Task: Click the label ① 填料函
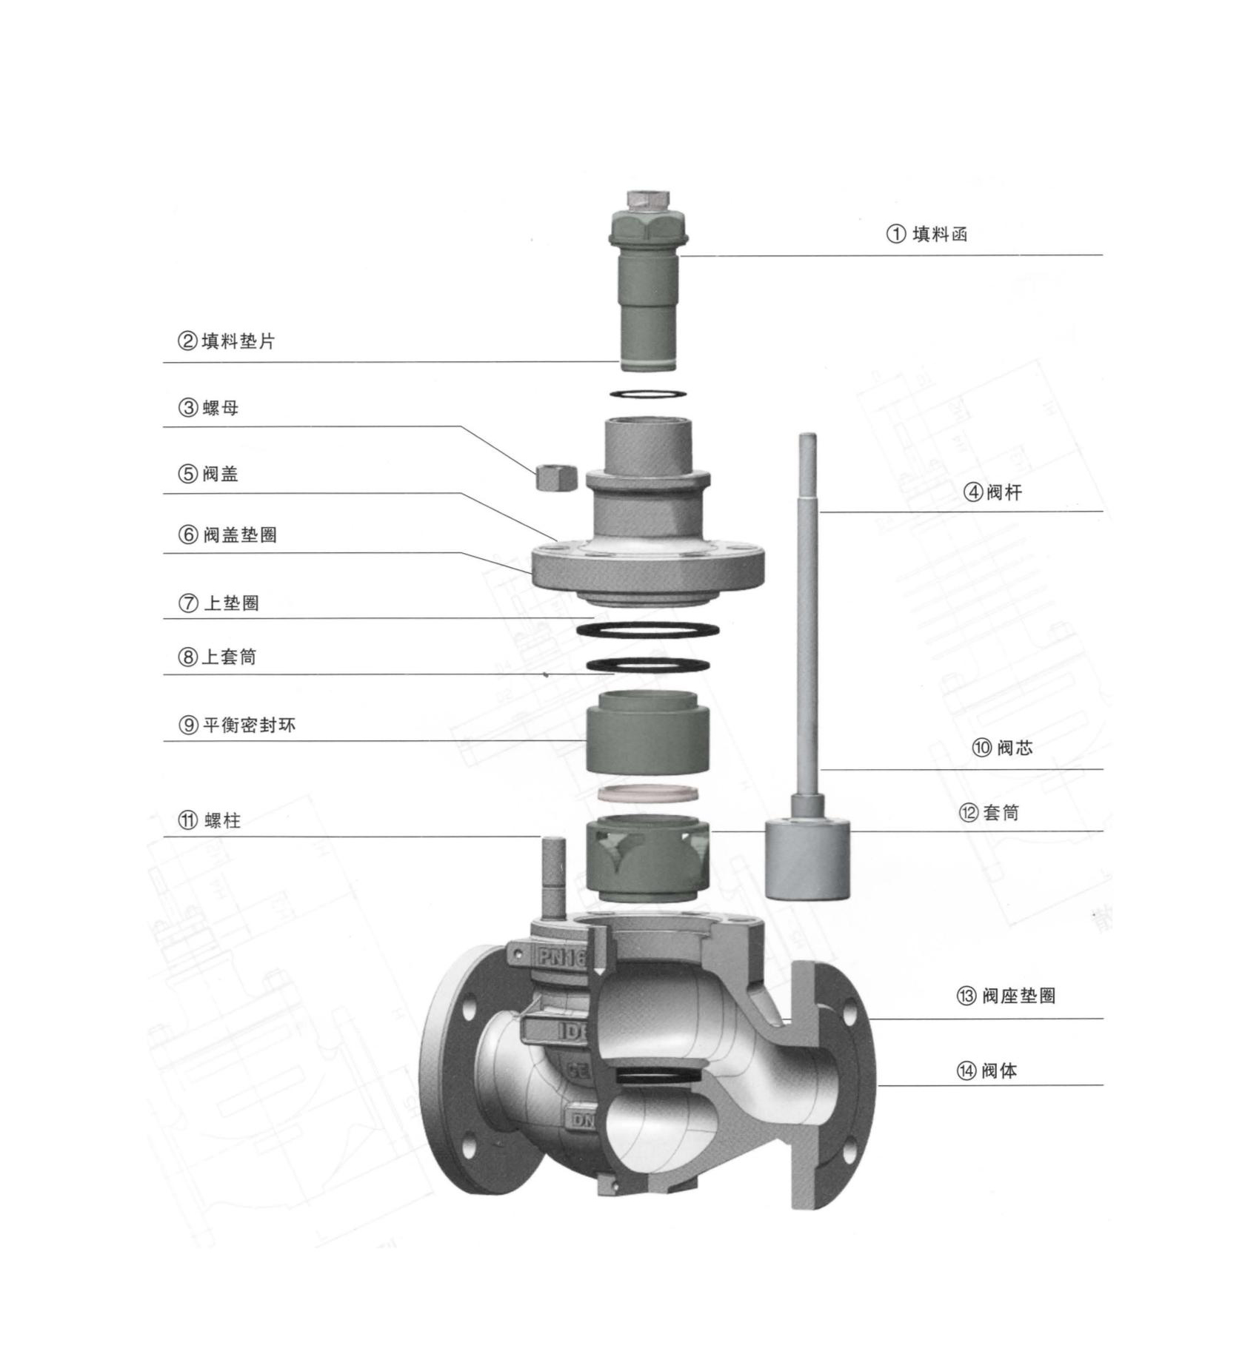927,235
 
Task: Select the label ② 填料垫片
226,341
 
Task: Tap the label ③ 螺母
208,408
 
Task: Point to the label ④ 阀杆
992,492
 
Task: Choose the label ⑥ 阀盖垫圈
227,534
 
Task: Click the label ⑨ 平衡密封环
237,725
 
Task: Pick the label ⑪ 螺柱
210,820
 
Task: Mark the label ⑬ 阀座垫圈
1006,996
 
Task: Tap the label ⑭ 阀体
986,1070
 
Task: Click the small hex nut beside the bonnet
555,477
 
